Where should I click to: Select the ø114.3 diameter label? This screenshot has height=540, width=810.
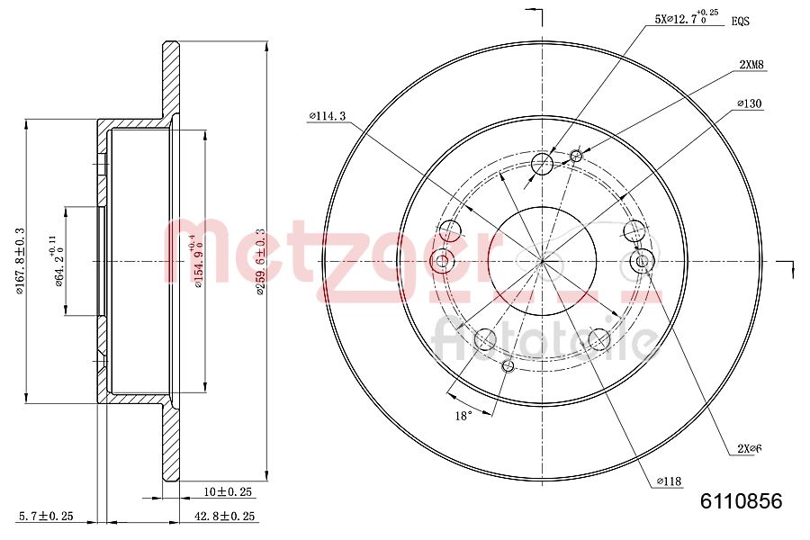[327, 116]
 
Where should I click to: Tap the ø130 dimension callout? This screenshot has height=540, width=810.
[749, 104]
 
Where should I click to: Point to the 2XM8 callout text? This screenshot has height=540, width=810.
[751, 65]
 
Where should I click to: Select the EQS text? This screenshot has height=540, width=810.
[741, 20]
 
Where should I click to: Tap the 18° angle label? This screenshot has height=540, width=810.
[462, 417]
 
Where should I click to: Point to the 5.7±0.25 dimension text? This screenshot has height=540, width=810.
[45, 516]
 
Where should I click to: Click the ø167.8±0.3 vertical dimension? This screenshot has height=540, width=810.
[19, 261]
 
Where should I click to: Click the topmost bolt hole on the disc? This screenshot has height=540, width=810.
[543, 164]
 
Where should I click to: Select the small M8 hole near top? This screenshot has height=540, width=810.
[577, 157]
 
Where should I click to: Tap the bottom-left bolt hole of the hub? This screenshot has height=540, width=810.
[484, 339]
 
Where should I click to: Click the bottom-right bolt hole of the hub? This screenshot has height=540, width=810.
[599, 339]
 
